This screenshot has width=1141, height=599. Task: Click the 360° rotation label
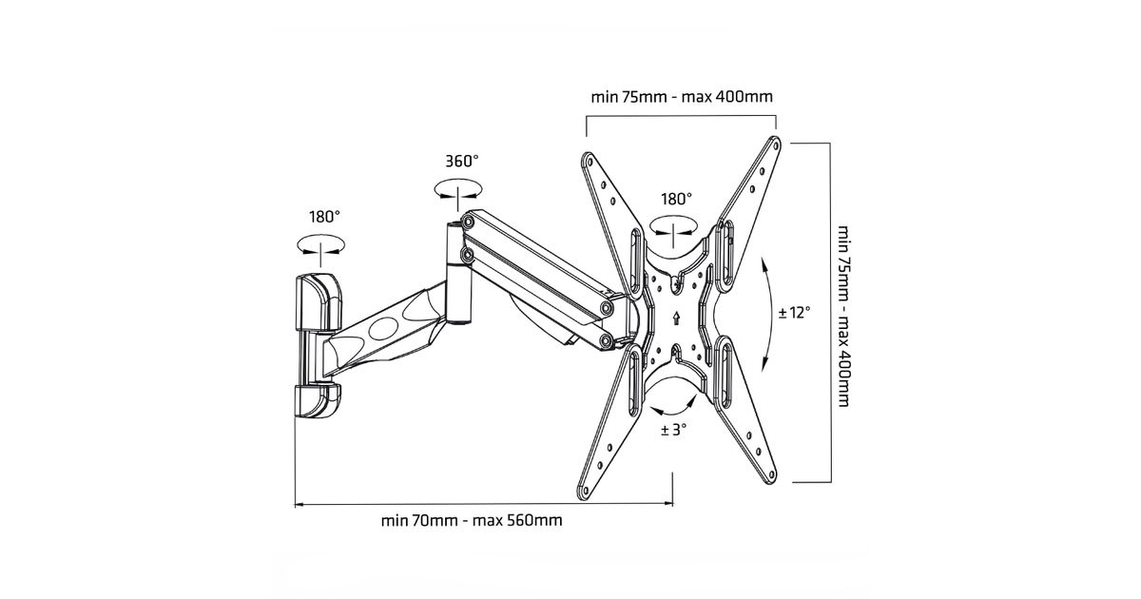click(462, 162)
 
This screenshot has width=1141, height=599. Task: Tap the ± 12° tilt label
click(794, 312)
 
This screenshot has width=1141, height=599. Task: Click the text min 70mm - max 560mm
click(472, 520)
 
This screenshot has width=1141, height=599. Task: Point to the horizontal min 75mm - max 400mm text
click(681, 96)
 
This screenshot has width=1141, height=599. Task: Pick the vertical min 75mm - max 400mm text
click(842, 315)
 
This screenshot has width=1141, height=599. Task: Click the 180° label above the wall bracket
click(323, 217)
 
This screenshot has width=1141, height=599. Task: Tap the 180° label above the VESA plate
click(676, 200)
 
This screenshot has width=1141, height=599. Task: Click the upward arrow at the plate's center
click(675, 319)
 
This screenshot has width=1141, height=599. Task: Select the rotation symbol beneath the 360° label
click(457, 192)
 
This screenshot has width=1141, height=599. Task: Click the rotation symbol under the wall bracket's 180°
click(319, 246)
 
